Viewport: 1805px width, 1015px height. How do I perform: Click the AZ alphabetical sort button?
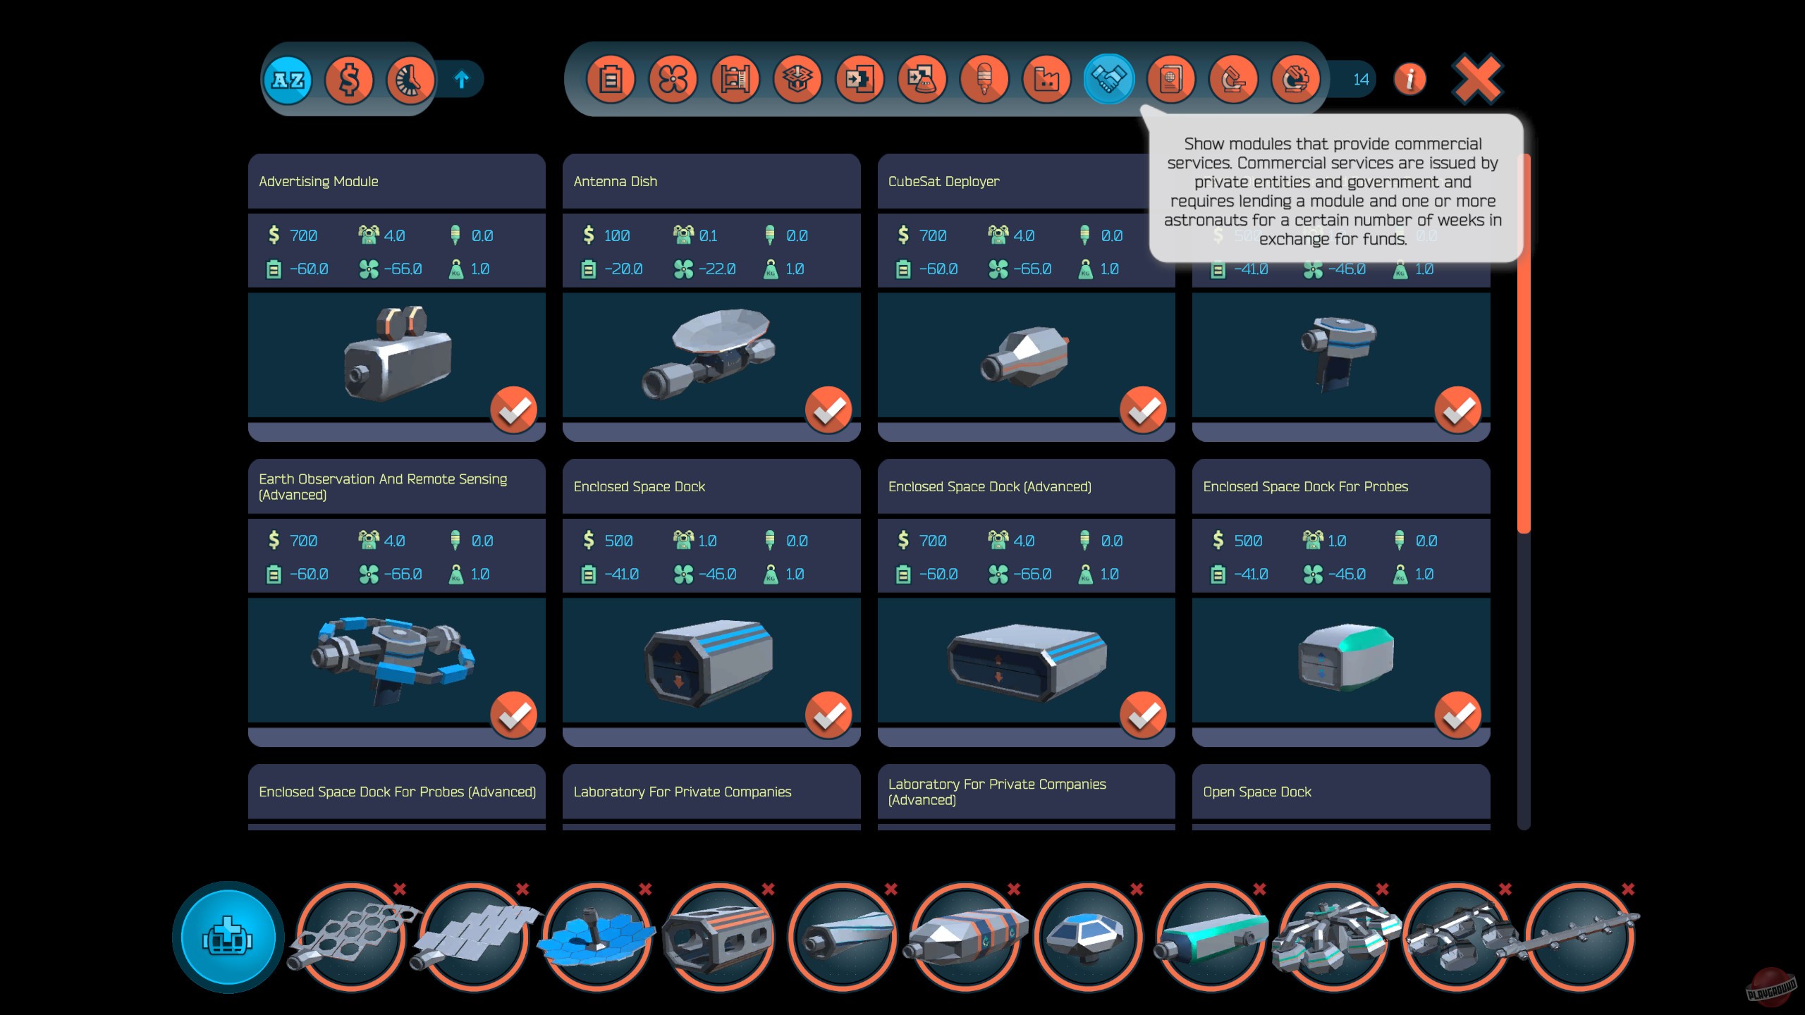coord(288,80)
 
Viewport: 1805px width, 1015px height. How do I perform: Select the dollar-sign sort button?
coord(349,80)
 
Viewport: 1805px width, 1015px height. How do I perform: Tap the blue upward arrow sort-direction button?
coord(462,80)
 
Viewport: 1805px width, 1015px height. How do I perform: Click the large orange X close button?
coord(1476,79)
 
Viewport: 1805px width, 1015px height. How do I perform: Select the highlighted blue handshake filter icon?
coord(1108,79)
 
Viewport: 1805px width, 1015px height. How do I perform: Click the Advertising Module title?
coord(319,182)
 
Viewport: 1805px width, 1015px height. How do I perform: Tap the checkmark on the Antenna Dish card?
coord(828,410)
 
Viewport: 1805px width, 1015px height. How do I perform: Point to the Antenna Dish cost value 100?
coord(617,235)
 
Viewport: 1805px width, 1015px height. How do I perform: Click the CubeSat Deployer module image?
coord(1025,356)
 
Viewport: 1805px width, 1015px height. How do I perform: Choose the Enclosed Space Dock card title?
coord(639,487)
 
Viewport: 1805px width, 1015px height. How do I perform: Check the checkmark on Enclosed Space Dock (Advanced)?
coord(1142,715)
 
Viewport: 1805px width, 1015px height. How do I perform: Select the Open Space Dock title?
coord(1257,792)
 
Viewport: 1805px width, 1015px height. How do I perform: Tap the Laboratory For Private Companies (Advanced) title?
coord(997,792)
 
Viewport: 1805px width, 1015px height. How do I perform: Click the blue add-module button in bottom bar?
coord(228,937)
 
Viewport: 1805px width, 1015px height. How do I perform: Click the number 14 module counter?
coord(1361,80)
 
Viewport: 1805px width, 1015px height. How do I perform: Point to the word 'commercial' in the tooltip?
coord(1438,144)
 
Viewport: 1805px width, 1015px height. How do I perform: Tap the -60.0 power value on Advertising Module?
coord(309,269)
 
